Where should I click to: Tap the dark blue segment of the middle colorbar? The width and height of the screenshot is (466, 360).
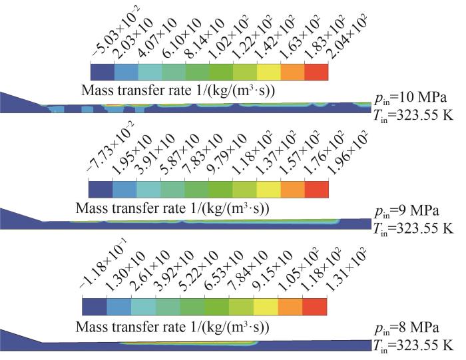click(100, 188)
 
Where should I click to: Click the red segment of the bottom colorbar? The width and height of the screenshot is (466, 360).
click(315, 306)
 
